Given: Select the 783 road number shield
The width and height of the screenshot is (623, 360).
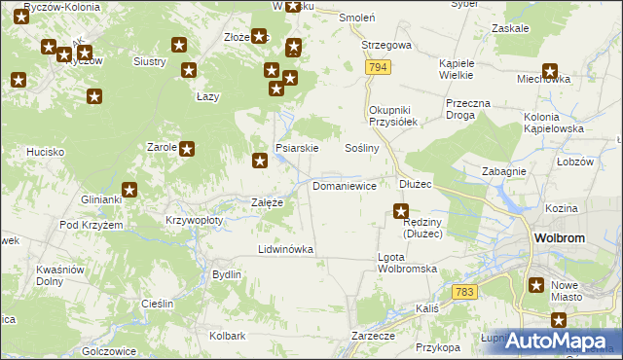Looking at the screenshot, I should tap(464, 292).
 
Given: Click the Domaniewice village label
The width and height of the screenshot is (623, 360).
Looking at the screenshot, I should tap(345, 184).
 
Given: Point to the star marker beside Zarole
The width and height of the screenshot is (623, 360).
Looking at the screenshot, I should tap(187, 149).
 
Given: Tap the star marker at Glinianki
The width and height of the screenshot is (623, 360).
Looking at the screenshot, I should tap(129, 190).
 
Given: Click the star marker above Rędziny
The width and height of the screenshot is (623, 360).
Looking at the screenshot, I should tap(400, 210).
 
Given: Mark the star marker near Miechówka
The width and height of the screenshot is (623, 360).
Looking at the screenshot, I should tap(550, 71).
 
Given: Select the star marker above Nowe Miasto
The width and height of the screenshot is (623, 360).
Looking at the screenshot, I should tap(536, 285).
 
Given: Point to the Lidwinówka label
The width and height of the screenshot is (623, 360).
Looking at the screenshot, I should tap(285, 249).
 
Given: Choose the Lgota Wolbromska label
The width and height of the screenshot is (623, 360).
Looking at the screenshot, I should tap(404, 263).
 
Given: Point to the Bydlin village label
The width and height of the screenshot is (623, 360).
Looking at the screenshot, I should tap(227, 274).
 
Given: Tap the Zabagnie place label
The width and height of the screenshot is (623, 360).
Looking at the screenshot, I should tap(504, 171).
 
